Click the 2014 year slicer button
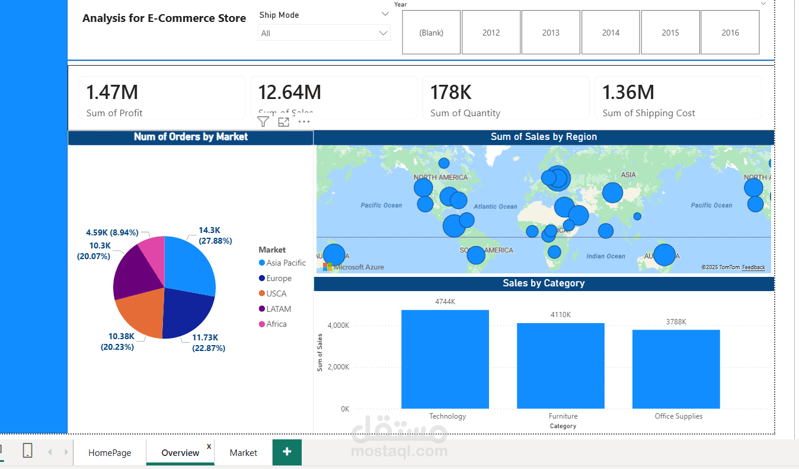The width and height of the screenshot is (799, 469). tap(611, 33)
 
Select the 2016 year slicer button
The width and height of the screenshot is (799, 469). tap(730, 33)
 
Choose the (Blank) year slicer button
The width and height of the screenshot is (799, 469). tap(431, 33)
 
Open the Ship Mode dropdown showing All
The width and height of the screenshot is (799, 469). tap(324, 33)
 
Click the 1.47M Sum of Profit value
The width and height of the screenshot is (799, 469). tap(112, 92)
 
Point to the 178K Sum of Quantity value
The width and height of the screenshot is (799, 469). tap(450, 92)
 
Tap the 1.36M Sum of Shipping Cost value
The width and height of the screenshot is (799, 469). tap(628, 92)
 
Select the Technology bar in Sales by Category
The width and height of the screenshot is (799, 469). tap(445, 359)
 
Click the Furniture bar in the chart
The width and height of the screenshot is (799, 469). tap(560, 365)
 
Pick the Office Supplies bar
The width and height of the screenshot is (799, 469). tap(676, 369)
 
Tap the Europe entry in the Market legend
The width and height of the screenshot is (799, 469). tap(279, 278)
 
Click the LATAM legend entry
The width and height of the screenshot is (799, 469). tap(278, 309)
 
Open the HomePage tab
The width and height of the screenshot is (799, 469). tap(110, 452)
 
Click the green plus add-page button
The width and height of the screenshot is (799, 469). tap(287, 452)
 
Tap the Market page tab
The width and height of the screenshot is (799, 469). tap(243, 452)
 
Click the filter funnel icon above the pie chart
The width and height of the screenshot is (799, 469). tap(263, 122)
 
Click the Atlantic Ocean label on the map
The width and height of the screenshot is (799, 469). tap(495, 206)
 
